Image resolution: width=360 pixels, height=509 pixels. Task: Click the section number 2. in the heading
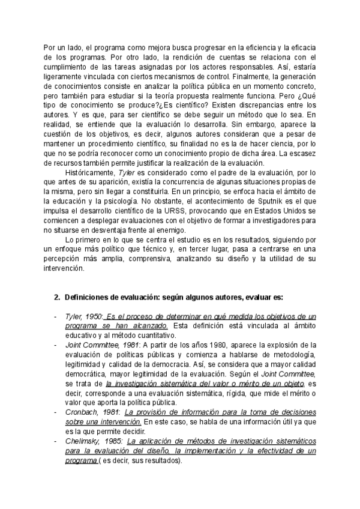click(x=58, y=297)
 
